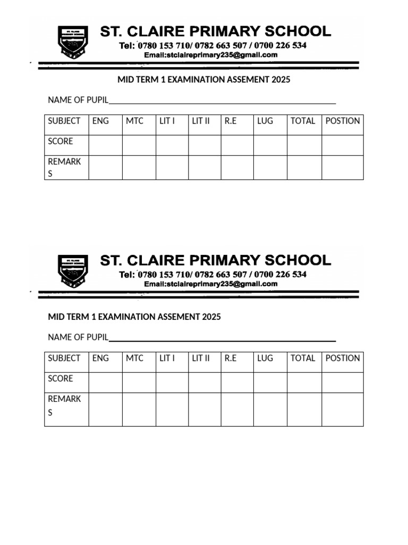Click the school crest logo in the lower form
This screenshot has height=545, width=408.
(x=73, y=270)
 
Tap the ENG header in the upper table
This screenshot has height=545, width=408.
(x=100, y=121)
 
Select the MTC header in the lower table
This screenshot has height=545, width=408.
(x=134, y=358)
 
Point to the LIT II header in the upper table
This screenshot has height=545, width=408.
(x=201, y=121)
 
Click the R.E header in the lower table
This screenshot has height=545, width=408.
(x=231, y=358)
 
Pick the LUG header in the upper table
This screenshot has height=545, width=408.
(x=265, y=121)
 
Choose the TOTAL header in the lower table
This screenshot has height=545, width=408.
(x=303, y=358)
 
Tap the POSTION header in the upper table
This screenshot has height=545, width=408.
(x=343, y=121)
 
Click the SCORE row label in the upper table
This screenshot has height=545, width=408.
(x=61, y=142)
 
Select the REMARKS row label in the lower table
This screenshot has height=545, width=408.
(x=64, y=405)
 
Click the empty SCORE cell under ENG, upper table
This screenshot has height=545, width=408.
(x=105, y=145)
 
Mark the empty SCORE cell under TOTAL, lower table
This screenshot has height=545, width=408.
(x=304, y=382)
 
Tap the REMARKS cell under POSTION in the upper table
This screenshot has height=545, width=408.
(x=343, y=168)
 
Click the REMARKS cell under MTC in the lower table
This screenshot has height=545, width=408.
(x=139, y=409)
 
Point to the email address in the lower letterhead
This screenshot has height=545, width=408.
(x=211, y=284)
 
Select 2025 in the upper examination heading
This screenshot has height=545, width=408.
(x=281, y=80)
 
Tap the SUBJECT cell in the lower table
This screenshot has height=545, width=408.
(x=64, y=358)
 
